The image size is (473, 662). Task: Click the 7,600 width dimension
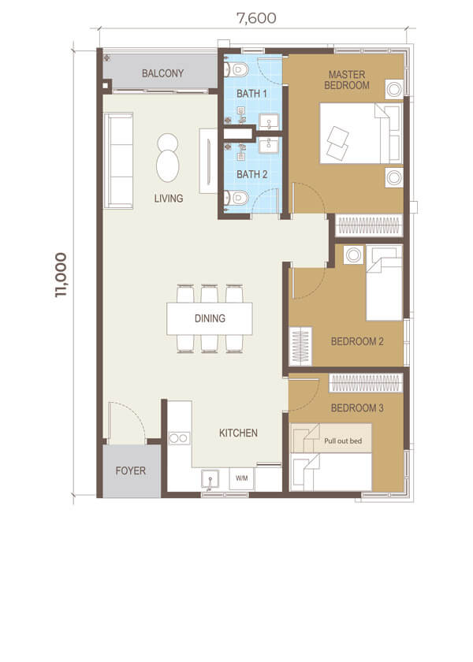(x=256, y=18)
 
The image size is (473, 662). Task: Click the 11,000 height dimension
(x=61, y=275)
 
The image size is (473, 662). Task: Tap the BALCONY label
(x=162, y=73)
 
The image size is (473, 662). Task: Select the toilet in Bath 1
(x=236, y=69)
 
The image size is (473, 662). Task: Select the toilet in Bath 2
(x=236, y=197)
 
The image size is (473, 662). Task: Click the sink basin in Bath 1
(x=269, y=121)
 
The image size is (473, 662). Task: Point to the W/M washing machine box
(x=241, y=478)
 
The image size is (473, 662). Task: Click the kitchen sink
(x=210, y=481)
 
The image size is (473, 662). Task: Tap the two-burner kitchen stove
(x=179, y=438)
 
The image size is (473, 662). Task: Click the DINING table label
(x=210, y=318)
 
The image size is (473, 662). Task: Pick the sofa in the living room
(x=119, y=161)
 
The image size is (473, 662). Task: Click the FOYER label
(x=131, y=470)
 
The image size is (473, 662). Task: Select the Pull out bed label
(x=343, y=441)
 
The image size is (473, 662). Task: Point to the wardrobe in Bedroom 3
(x=366, y=383)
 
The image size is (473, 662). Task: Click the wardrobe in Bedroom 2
(x=300, y=346)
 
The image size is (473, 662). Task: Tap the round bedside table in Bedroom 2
(x=353, y=255)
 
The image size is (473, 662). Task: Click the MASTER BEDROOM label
(x=347, y=80)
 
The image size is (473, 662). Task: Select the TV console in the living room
(x=208, y=161)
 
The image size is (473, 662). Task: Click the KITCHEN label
(x=238, y=433)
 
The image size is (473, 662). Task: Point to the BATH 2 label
(x=251, y=174)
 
